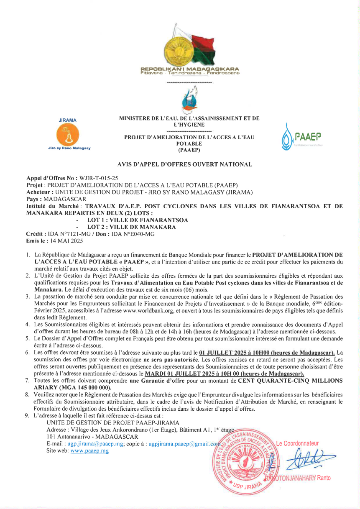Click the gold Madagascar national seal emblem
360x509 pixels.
179,49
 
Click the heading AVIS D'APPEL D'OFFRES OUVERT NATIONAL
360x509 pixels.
185,164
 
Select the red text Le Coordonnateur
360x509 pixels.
297,443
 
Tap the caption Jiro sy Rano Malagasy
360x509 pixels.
69,148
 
